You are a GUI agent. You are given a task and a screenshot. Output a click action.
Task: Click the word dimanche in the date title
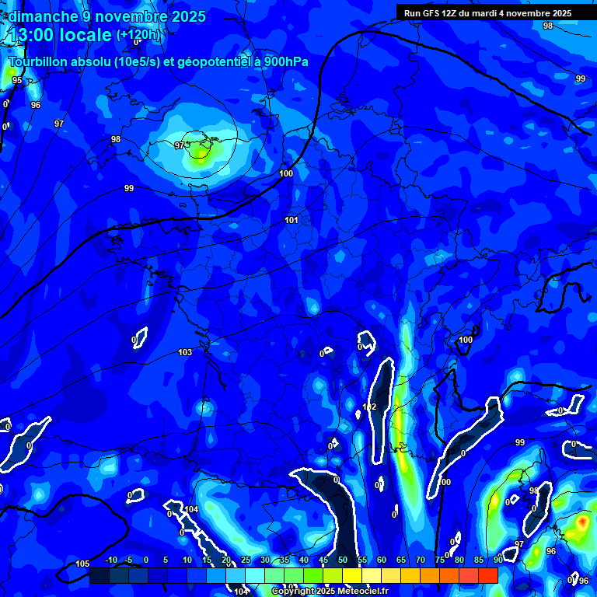coord(42,16)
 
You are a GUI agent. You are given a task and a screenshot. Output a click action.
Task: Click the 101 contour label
coord(292,221)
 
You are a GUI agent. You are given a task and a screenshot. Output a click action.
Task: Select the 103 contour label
coord(185,353)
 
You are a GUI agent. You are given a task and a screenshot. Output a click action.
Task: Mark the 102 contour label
coord(370,407)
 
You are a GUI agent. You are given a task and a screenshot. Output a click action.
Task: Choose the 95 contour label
coord(17,80)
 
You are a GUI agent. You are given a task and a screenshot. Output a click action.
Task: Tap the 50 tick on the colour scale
coord(343,560)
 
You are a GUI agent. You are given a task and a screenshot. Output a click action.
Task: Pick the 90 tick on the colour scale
coord(497,560)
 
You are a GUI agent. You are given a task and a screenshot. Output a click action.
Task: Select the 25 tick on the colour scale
coord(246,560)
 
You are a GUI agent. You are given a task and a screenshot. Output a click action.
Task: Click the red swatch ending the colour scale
coord(488,575)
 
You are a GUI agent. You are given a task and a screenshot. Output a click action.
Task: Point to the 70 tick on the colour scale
coord(421,560)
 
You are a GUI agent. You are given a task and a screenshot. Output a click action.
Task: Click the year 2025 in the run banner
coord(559,13)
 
